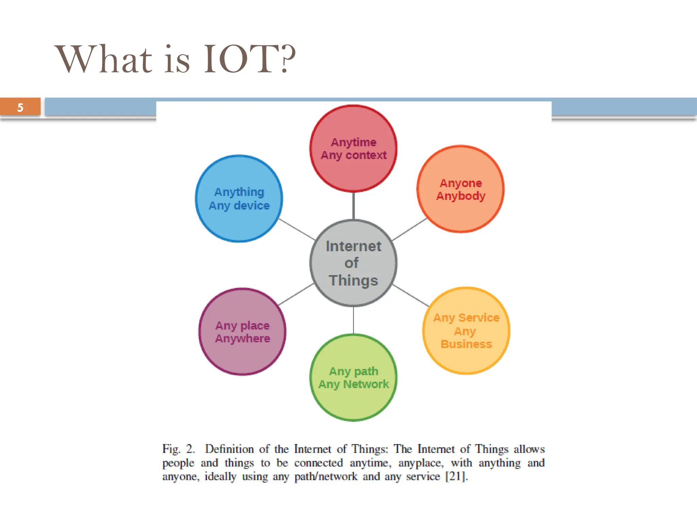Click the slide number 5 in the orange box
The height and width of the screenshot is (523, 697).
click(20, 108)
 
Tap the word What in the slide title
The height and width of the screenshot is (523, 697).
click(103, 60)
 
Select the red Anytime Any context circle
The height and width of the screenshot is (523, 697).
click(353, 170)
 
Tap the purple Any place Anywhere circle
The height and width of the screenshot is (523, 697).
click(242, 354)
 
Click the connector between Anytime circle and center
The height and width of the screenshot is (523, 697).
click(353, 206)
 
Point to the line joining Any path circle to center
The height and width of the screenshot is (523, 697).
click(353, 320)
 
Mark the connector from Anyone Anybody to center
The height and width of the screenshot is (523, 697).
click(409, 229)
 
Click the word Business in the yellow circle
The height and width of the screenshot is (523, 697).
click(466, 344)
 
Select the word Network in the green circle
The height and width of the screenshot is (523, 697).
click(366, 384)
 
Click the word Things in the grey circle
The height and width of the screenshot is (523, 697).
click(353, 281)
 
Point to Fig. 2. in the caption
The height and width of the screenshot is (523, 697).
click(178, 449)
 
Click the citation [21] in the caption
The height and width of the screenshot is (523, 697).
click(455, 476)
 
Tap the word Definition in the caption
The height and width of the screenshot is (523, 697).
click(229, 449)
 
